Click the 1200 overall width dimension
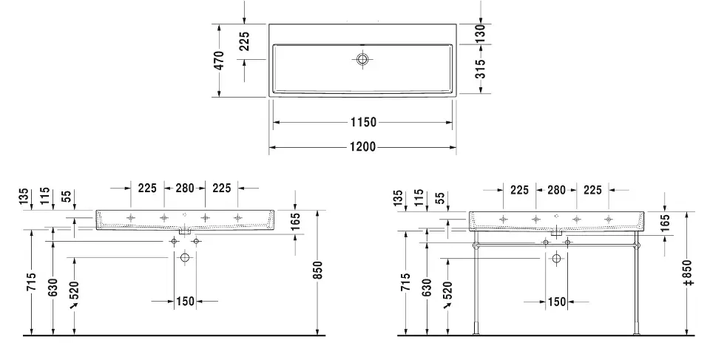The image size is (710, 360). [x=362, y=146]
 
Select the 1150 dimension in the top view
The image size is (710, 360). [x=363, y=122]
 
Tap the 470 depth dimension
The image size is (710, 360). [x=219, y=61]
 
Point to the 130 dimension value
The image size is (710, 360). [x=481, y=33]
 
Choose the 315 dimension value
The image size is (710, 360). [x=481, y=69]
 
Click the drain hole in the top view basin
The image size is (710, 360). [x=362, y=59]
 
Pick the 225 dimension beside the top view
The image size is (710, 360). [x=244, y=41]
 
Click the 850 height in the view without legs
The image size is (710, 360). [x=318, y=271]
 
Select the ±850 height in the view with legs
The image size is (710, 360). [x=689, y=273]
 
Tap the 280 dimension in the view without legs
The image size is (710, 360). [x=184, y=188]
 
